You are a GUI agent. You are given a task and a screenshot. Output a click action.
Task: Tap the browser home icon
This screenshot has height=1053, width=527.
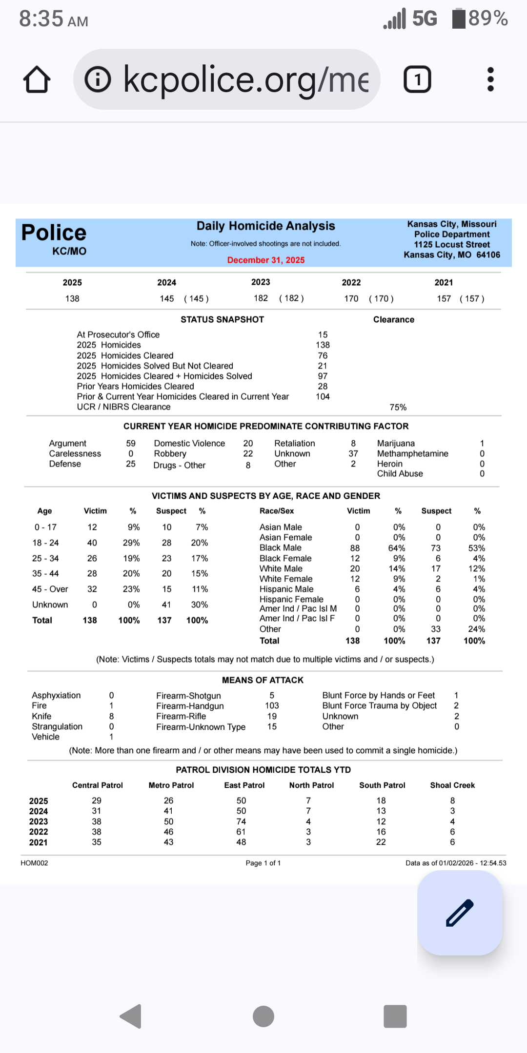(x=37, y=79)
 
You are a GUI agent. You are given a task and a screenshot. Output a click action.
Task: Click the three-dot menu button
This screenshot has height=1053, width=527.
(x=490, y=79)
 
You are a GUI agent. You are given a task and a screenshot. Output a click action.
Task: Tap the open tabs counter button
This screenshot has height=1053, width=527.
(x=417, y=79)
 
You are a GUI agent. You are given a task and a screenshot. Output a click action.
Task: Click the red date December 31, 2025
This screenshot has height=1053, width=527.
(x=266, y=260)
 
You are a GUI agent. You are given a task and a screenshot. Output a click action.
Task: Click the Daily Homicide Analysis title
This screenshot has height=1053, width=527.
(x=266, y=226)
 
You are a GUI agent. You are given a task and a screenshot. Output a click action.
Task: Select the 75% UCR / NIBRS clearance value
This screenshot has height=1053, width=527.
(x=398, y=408)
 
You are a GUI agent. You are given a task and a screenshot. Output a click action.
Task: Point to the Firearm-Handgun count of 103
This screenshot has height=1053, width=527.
(x=272, y=706)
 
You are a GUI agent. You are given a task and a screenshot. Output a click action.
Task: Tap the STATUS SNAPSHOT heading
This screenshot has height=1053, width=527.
(x=222, y=320)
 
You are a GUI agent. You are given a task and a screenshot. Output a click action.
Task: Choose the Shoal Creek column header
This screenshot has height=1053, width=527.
(x=452, y=785)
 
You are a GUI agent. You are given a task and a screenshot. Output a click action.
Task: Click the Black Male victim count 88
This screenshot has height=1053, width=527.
(x=355, y=548)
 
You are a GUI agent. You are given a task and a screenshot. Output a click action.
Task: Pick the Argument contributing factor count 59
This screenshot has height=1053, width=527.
(x=131, y=444)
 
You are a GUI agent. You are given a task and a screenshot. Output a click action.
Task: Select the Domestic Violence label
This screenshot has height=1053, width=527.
(x=189, y=444)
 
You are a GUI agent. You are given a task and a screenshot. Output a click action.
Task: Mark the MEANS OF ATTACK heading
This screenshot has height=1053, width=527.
(x=263, y=680)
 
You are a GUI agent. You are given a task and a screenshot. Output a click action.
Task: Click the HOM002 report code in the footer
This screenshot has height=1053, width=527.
(x=34, y=863)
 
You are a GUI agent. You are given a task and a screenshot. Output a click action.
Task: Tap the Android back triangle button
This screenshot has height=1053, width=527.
(x=131, y=1016)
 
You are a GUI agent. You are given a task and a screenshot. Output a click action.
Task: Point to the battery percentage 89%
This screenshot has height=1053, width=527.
(x=488, y=19)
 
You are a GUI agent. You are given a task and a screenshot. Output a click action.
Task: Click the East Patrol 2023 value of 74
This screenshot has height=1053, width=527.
(x=241, y=821)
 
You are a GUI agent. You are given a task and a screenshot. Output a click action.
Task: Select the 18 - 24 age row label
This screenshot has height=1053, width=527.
(x=45, y=543)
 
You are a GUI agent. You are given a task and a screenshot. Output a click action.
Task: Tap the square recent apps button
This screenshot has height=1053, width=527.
(x=395, y=1016)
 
